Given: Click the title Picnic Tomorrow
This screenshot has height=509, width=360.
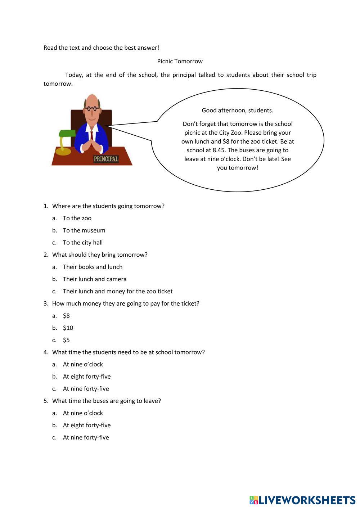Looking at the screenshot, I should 180,61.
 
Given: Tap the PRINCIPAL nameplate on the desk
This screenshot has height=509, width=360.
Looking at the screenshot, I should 106,159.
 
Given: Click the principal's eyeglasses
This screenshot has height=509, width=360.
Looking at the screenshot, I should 92,108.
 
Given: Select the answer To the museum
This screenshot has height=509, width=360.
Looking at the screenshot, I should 84,230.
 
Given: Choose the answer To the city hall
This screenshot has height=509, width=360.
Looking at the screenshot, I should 82,243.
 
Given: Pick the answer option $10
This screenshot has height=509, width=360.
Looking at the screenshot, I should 68,328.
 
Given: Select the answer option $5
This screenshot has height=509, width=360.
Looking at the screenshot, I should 66,340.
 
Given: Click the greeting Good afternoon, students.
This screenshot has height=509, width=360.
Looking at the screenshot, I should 237,110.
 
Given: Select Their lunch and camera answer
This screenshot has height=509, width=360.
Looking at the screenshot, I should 94,279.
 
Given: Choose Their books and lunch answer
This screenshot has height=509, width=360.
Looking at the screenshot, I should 93,267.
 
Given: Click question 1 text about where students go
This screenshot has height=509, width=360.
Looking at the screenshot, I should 108,206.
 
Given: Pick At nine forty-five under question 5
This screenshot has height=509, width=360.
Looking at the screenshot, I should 86,437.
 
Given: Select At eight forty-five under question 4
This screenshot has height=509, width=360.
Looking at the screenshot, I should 87,377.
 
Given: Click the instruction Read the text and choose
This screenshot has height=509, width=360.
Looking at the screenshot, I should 101,48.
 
